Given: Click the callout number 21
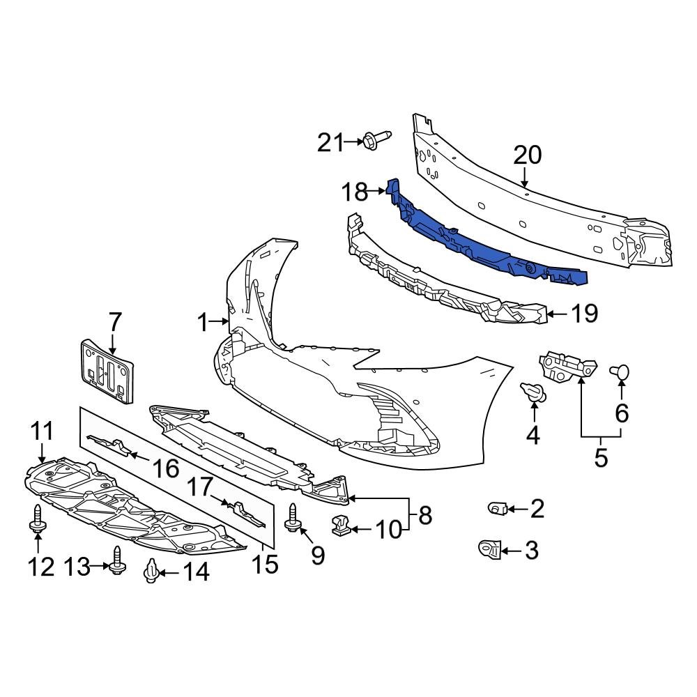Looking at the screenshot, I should [330, 143].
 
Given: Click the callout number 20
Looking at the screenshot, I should [528, 155].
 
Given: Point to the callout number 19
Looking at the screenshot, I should [584, 314].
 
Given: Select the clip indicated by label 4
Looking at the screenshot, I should [533, 393].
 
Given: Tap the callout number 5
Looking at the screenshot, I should [601, 458].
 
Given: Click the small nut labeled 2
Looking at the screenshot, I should [497, 509].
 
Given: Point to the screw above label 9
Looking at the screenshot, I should [293, 519].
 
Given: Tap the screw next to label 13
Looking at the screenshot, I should [116, 559].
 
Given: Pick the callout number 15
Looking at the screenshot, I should [264, 563].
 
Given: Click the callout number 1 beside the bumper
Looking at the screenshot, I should [202, 323].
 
